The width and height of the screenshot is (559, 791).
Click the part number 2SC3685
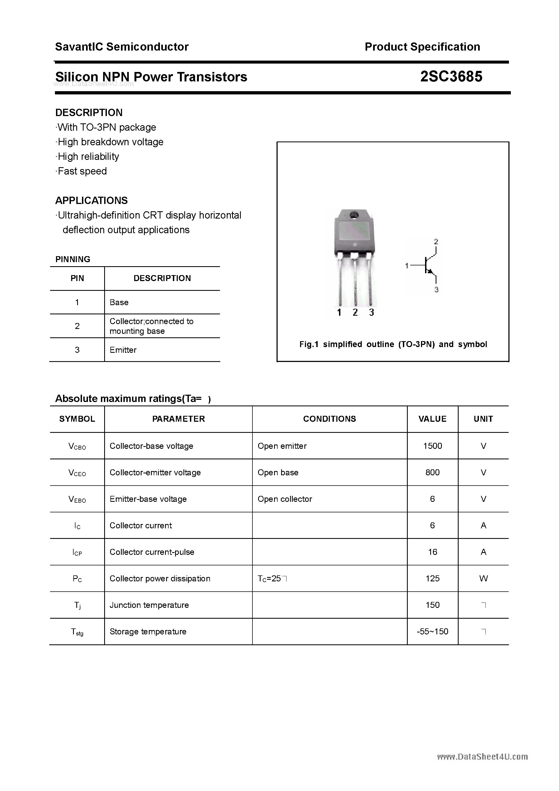[451, 77]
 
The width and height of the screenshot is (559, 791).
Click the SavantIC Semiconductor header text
[122, 47]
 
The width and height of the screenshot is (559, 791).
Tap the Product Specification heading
[422, 47]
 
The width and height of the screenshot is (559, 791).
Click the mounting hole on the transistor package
[354, 216]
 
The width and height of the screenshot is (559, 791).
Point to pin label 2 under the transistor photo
[355, 312]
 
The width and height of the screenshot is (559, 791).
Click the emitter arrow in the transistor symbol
[429, 272]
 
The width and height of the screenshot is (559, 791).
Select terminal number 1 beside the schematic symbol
[407, 265]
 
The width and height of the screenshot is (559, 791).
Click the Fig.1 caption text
[393, 344]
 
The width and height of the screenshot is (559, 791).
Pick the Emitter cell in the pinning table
[123, 350]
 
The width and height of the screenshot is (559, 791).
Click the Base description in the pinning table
[119, 302]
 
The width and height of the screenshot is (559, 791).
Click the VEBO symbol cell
[77, 499]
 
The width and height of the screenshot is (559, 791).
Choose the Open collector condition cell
[285, 499]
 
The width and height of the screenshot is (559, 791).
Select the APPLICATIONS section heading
[91, 200]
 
